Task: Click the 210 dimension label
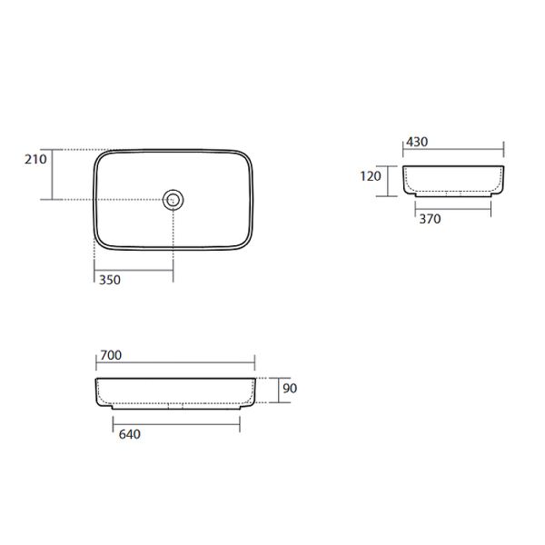[35, 159]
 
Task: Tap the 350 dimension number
[110, 280]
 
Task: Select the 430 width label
[417, 142]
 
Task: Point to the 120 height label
[371, 176]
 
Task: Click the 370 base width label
[430, 219]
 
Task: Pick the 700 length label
[111, 355]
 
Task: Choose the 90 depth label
[290, 388]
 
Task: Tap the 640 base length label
[130, 434]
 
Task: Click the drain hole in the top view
[173, 200]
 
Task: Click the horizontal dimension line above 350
[134, 270]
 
